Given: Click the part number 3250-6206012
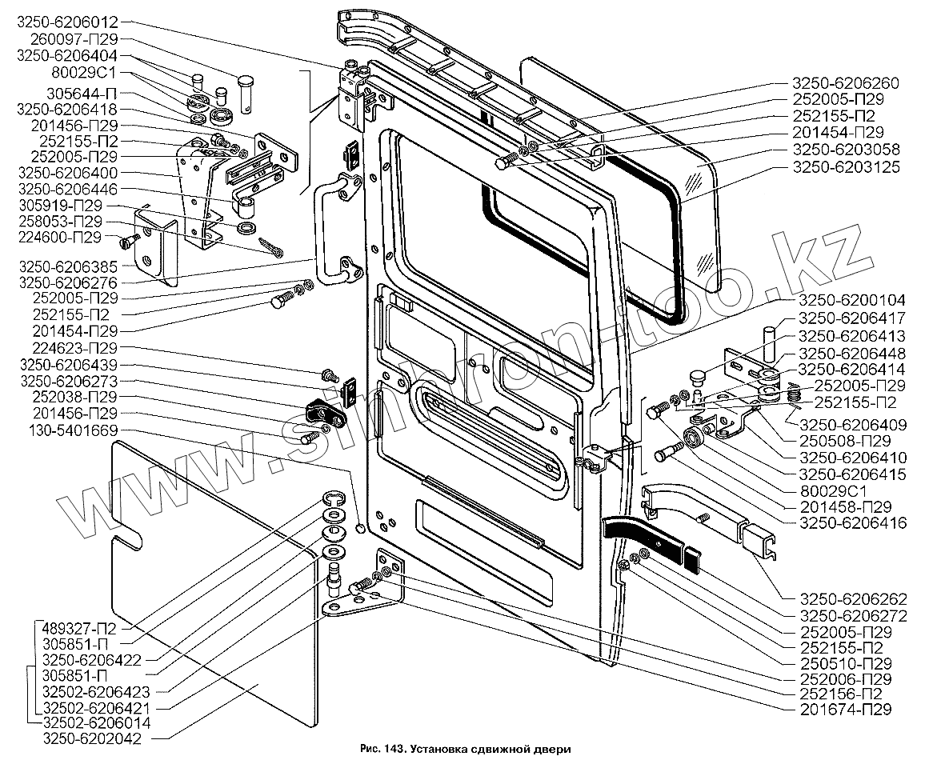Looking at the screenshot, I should point(66,22).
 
